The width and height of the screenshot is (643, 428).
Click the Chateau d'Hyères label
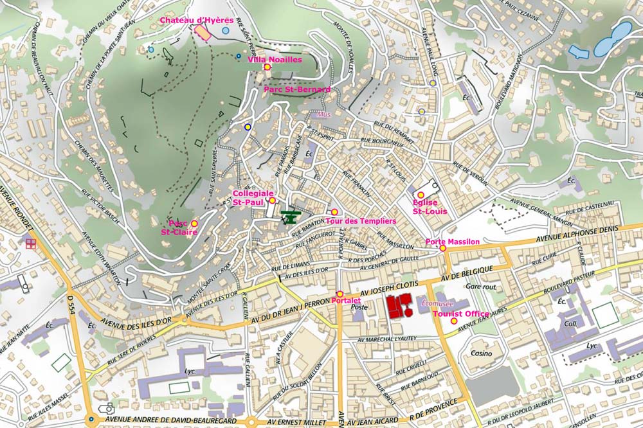pyautogui.click(x=188, y=21)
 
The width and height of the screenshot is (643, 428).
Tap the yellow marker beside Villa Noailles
pyautogui.click(x=267, y=67)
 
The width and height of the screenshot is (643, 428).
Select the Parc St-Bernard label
pyautogui.click(x=297, y=89)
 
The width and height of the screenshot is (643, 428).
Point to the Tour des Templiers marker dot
pyautogui.click(x=334, y=212)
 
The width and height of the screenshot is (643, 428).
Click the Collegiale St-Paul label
pyautogui.click(x=253, y=198)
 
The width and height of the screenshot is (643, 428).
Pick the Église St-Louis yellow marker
pyautogui.click(x=421, y=195)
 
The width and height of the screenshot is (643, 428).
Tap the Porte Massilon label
pyautogui.click(x=453, y=242)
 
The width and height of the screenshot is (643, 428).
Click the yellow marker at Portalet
pyautogui.click(x=340, y=294)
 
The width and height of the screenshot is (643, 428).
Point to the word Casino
pyautogui.click(x=482, y=353)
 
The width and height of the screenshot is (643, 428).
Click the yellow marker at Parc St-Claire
pyautogui.click(x=194, y=223)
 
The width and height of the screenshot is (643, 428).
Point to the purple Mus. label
pyautogui.click(x=325, y=115)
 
